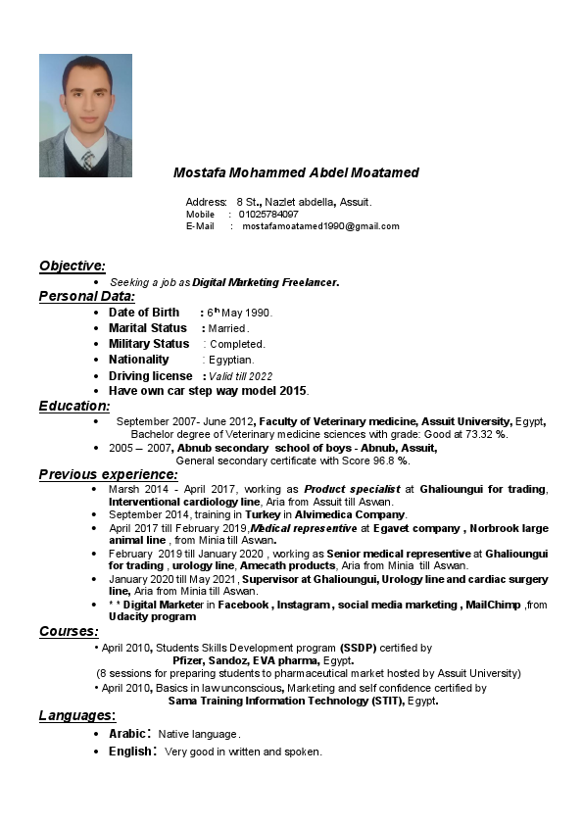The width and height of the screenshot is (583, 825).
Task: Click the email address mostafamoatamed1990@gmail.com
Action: (x=320, y=226)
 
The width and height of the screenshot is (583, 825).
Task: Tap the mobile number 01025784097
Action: (x=268, y=214)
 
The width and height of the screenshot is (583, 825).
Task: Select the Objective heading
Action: (x=73, y=266)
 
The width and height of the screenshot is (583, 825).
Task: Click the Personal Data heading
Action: (x=87, y=296)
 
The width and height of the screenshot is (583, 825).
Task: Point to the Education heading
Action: (x=74, y=406)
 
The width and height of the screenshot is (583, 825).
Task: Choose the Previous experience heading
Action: (x=108, y=474)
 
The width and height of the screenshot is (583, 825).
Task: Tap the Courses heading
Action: (x=69, y=632)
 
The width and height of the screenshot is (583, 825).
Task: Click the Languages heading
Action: (x=77, y=715)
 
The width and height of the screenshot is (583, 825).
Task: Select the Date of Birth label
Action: (x=144, y=313)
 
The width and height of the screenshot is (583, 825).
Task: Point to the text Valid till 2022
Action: (x=240, y=376)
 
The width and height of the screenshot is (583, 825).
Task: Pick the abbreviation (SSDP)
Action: (x=359, y=648)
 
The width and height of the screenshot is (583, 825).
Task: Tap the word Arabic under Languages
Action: (x=127, y=734)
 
